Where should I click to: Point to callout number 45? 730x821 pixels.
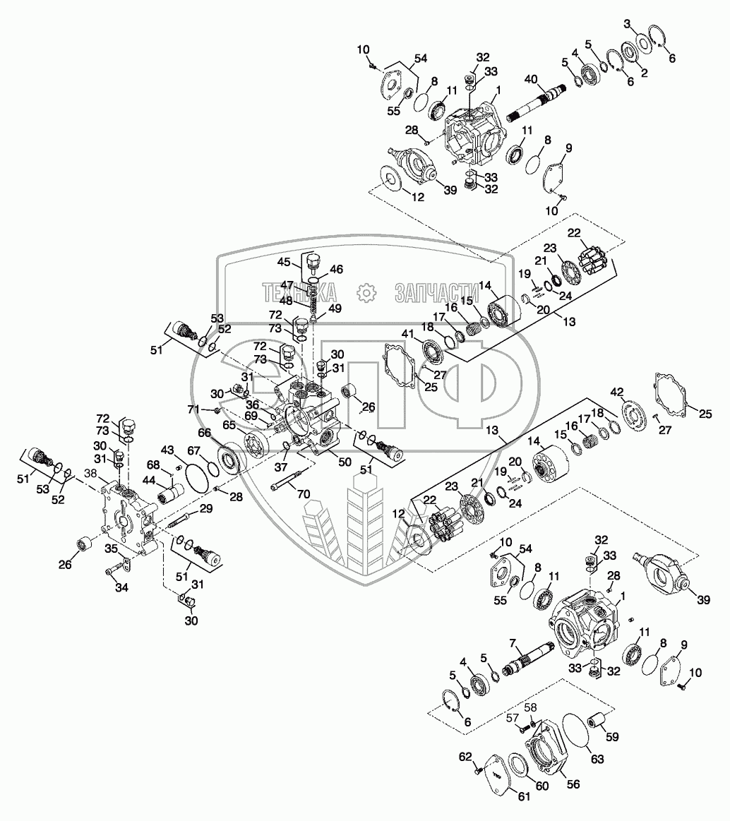click(x=285, y=263)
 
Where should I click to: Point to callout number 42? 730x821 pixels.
click(x=617, y=392)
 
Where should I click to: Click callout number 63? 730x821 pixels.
click(x=598, y=760)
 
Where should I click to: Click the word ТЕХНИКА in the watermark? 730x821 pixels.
click(x=299, y=292)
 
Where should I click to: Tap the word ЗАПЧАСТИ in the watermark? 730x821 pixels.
click(x=433, y=292)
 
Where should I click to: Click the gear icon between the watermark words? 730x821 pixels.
click(x=365, y=292)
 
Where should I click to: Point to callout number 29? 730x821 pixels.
click(x=205, y=509)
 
